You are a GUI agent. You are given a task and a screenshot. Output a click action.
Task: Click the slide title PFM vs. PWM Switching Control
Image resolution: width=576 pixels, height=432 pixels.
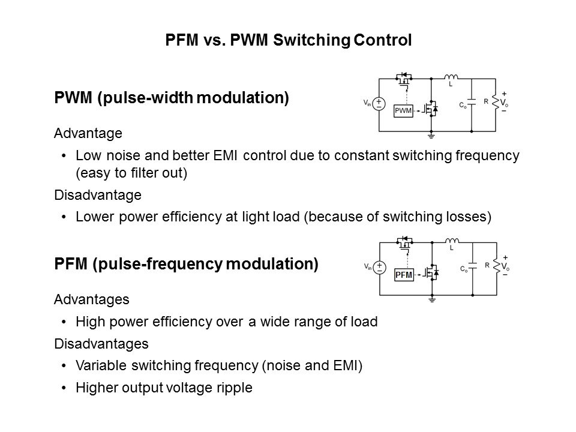coord(288,41)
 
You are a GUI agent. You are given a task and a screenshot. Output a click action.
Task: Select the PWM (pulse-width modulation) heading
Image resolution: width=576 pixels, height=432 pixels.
coord(172,98)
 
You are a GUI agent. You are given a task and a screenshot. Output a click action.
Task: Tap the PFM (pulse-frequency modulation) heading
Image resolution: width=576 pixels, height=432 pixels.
coord(186,264)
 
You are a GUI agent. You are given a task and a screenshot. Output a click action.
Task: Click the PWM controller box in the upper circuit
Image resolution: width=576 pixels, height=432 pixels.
coord(403,110)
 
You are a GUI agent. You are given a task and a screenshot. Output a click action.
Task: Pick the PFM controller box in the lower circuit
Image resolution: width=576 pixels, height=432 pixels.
coord(403,274)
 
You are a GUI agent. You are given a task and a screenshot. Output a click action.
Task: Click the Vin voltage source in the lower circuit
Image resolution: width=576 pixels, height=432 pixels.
coord(379,268)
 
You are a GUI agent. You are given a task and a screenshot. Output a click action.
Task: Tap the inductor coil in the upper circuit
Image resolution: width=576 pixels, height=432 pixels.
coord(451,77)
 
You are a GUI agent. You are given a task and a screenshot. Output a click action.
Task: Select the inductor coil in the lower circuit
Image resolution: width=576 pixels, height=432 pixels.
coord(451,240)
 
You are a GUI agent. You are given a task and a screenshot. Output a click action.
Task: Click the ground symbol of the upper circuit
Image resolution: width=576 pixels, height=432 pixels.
coord(431,135)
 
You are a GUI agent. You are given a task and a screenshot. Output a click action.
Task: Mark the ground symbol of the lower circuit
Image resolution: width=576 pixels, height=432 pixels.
coord(431,299)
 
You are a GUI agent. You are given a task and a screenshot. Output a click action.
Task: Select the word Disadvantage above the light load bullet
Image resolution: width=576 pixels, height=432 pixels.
coord(89,195)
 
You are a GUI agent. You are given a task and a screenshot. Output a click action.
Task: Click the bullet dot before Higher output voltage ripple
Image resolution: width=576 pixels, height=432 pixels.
coord(64,388)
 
